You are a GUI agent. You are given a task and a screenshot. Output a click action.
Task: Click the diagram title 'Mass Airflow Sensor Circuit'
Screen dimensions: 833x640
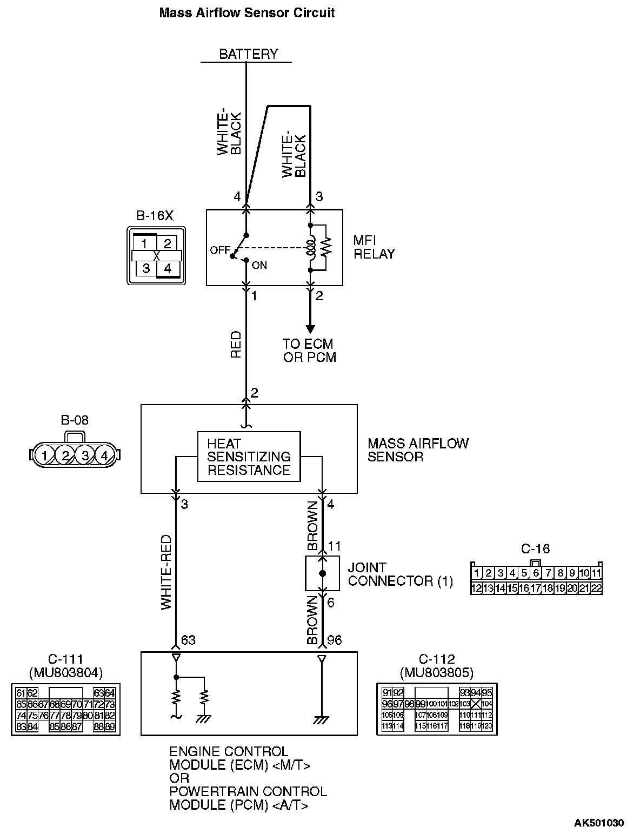246,12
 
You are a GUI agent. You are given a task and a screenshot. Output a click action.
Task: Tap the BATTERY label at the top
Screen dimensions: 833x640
248,54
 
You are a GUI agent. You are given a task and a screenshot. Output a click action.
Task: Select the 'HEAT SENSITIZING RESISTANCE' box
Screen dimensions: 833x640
249,457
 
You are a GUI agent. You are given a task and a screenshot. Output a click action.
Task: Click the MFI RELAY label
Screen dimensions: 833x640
374,247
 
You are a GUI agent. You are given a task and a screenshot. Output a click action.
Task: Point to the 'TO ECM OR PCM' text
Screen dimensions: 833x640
309,351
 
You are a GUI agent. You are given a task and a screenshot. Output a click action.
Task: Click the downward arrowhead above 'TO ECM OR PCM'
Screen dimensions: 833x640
310,328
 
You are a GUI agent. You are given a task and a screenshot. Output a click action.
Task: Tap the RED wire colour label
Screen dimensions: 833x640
236,345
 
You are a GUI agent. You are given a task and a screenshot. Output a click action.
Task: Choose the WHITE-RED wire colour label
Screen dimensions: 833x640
166,572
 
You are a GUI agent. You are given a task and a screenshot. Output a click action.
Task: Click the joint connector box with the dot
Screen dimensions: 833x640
323,573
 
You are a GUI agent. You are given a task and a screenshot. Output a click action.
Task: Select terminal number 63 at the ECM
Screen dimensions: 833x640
188,640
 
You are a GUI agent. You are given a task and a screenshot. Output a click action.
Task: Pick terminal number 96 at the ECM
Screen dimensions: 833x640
334,640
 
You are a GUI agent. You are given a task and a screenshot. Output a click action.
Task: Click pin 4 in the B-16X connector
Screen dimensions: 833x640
168,268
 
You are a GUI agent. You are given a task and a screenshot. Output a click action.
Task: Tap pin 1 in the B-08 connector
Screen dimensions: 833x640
45,455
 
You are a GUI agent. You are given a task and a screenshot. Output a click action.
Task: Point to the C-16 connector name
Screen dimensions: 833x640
535,549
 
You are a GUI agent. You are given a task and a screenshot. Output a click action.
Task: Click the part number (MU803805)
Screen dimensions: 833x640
437,672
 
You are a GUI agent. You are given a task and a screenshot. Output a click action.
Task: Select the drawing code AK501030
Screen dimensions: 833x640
598,823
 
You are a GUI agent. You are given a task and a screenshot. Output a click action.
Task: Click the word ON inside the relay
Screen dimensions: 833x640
259,266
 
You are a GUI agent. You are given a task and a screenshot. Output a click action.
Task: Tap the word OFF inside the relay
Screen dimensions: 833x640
219,250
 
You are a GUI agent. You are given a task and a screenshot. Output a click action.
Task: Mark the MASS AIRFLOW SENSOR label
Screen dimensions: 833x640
418,450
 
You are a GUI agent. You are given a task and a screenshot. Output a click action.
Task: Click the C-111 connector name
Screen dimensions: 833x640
65,659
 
